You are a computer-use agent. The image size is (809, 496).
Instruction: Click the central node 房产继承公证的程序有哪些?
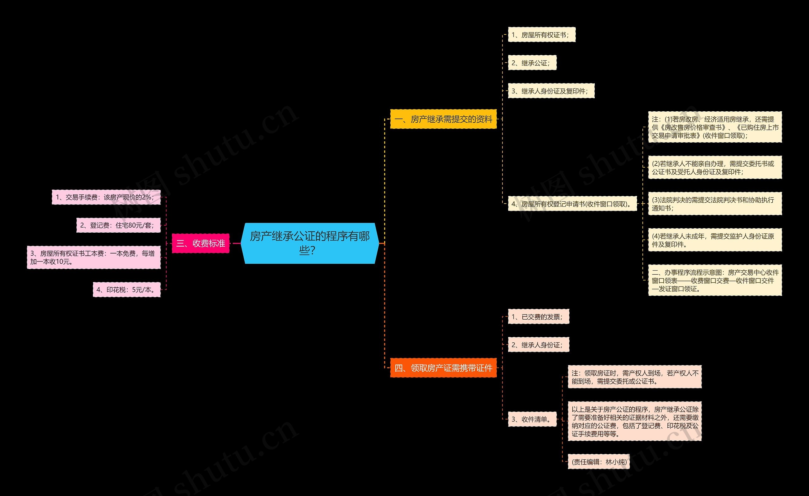click(310, 243)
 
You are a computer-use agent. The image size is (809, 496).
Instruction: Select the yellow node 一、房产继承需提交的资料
click(443, 119)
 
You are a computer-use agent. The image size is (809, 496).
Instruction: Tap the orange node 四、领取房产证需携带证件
click(443, 368)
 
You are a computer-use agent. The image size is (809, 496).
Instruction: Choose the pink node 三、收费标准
click(201, 243)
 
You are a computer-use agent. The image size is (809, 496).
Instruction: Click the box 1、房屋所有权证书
click(542, 34)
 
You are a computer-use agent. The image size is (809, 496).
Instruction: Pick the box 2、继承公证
click(532, 63)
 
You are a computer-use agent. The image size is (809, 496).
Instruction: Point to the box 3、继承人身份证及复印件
click(551, 91)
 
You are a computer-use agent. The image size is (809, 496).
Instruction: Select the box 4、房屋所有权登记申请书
click(572, 204)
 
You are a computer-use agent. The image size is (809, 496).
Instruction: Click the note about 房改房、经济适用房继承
click(715, 127)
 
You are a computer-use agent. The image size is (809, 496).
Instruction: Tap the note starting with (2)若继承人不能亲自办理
click(715, 168)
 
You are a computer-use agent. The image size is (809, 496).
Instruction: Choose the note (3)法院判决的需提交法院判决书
click(715, 204)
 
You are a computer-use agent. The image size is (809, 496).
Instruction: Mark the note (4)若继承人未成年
click(715, 240)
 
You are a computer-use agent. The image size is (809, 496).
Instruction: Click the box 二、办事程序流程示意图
click(715, 280)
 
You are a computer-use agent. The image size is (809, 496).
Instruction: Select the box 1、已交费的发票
click(538, 316)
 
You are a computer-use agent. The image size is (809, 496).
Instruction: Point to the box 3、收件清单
click(532, 419)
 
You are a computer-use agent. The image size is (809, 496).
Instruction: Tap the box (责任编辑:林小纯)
click(599, 462)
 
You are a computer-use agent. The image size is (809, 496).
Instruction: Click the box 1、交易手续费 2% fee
click(106, 197)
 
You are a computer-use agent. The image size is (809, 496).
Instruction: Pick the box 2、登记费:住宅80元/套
click(119, 225)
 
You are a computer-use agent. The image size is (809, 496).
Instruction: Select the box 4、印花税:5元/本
click(127, 289)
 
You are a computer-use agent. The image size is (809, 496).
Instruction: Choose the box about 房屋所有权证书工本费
click(94, 257)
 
